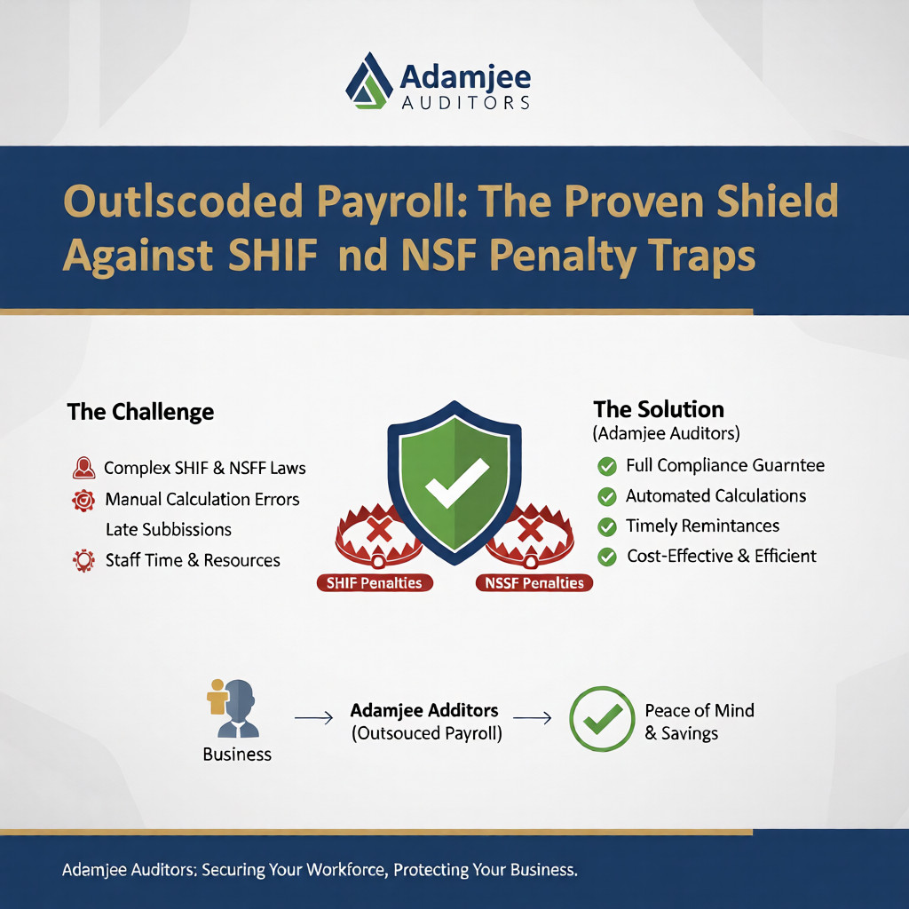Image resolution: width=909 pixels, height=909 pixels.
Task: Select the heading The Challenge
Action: pos(140,412)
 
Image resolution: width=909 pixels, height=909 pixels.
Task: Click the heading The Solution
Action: pos(659,409)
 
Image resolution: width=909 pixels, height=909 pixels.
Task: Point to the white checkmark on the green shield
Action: pos(455,481)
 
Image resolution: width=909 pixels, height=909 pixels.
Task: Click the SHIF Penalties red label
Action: pos(373,583)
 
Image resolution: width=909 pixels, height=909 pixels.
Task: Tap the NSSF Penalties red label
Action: pos(534,583)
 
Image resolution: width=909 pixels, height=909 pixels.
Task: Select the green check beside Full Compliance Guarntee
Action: pos(607,465)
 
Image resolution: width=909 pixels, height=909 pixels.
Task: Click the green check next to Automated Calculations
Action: pos(607,496)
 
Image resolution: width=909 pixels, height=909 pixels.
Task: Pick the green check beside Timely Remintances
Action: pos(607,526)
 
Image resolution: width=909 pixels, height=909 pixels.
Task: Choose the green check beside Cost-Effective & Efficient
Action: pos(607,557)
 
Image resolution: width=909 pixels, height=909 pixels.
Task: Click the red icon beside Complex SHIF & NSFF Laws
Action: pos(83,468)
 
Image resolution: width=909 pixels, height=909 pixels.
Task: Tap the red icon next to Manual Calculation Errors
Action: pos(83,500)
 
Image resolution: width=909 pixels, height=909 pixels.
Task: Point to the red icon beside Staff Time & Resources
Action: pos(83,560)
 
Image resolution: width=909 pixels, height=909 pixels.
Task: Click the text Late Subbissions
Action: pos(169,530)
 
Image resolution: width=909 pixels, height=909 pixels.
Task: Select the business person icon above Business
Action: pos(234,707)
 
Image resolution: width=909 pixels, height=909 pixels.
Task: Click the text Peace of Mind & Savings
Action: pos(699,722)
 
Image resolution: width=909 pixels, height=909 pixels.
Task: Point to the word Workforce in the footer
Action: pos(340,869)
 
